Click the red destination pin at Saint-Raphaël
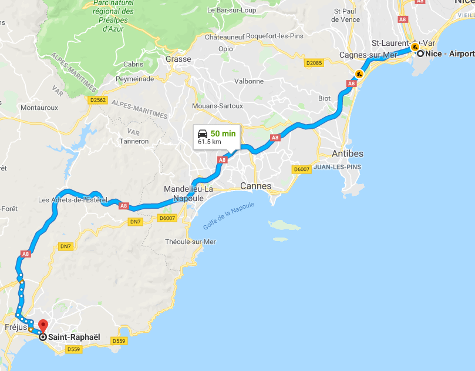[43, 325]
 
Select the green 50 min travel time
[223, 133]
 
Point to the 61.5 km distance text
[210, 142]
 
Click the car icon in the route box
[203, 133]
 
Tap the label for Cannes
[256, 186]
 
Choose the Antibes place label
[348, 154]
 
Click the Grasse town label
[178, 59]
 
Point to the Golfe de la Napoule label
[229, 215]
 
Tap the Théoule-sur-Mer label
[190, 242]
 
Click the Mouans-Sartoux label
[217, 106]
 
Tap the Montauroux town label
[39, 108]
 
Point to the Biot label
[324, 98]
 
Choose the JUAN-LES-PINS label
[336, 167]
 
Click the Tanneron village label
[134, 141]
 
